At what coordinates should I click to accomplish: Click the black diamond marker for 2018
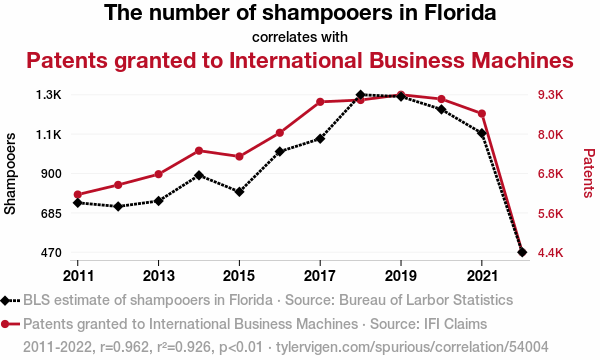pyautogui.click(x=360, y=94)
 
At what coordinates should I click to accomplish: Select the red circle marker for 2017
pyautogui.click(x=320, y=102)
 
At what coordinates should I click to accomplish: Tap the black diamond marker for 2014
pyautogui.click(x=199, y=175)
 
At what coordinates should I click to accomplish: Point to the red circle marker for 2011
pyautogui.click(x=78, y=194)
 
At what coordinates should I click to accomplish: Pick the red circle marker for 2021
pyautogui.click(x=482, y=114)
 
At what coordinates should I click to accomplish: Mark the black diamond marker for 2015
pyautogui.click(x=239, y=192)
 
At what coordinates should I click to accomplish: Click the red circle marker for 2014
pyautogui.click(x=199, y=151)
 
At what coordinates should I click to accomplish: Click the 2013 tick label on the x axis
pyautogui.click(x=158, y=276)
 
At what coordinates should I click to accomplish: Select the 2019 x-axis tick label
pyautogui.click(x=401, y=276)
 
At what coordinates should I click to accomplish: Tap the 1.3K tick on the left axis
pyautogui.click(x=49, y=95)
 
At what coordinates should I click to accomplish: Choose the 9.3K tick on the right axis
pyautogui.click(x=551, y=95)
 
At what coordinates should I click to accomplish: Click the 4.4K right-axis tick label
pyautogui.click(x=551, y=252)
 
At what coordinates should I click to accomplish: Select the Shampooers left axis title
pyautogui.click(x=10, y=173)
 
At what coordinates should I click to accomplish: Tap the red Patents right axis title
pyautogui.click(x=589, y=173)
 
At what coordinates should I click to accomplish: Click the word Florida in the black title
pyautogui.click(x=460, y=12)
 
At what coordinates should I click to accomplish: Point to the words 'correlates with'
pyautogui.click(x=300, y=37)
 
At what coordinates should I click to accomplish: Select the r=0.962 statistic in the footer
pyautogui.click(x=124, y=347)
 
